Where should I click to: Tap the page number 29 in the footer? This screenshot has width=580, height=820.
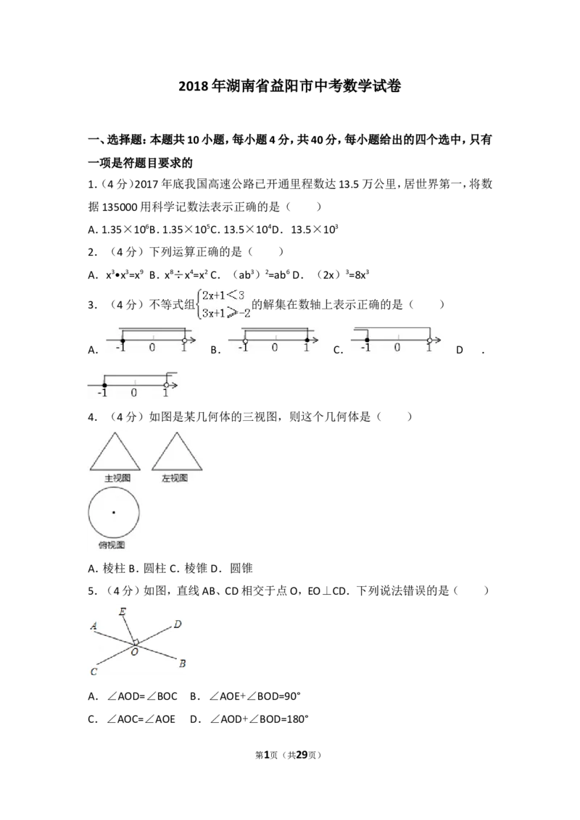302,755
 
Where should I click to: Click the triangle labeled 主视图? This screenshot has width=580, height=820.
115,451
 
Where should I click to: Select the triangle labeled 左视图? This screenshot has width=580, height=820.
177,451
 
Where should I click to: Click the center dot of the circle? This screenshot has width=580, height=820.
114,513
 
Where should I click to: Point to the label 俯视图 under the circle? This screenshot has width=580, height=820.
112,545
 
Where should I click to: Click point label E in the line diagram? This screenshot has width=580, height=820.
122,611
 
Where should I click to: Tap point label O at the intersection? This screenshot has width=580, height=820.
135,652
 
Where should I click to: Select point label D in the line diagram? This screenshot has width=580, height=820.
178,624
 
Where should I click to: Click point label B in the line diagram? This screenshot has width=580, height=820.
182,664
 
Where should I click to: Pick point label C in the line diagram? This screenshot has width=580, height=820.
94,672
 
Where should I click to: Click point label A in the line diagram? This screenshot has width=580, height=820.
94,625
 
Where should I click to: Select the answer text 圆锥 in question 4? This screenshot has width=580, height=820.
241,568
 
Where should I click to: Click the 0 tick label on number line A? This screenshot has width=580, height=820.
152,347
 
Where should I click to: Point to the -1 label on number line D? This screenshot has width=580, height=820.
102,392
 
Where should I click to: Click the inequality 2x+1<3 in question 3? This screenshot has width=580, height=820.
223,296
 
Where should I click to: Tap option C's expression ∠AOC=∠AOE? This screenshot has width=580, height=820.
141,719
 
